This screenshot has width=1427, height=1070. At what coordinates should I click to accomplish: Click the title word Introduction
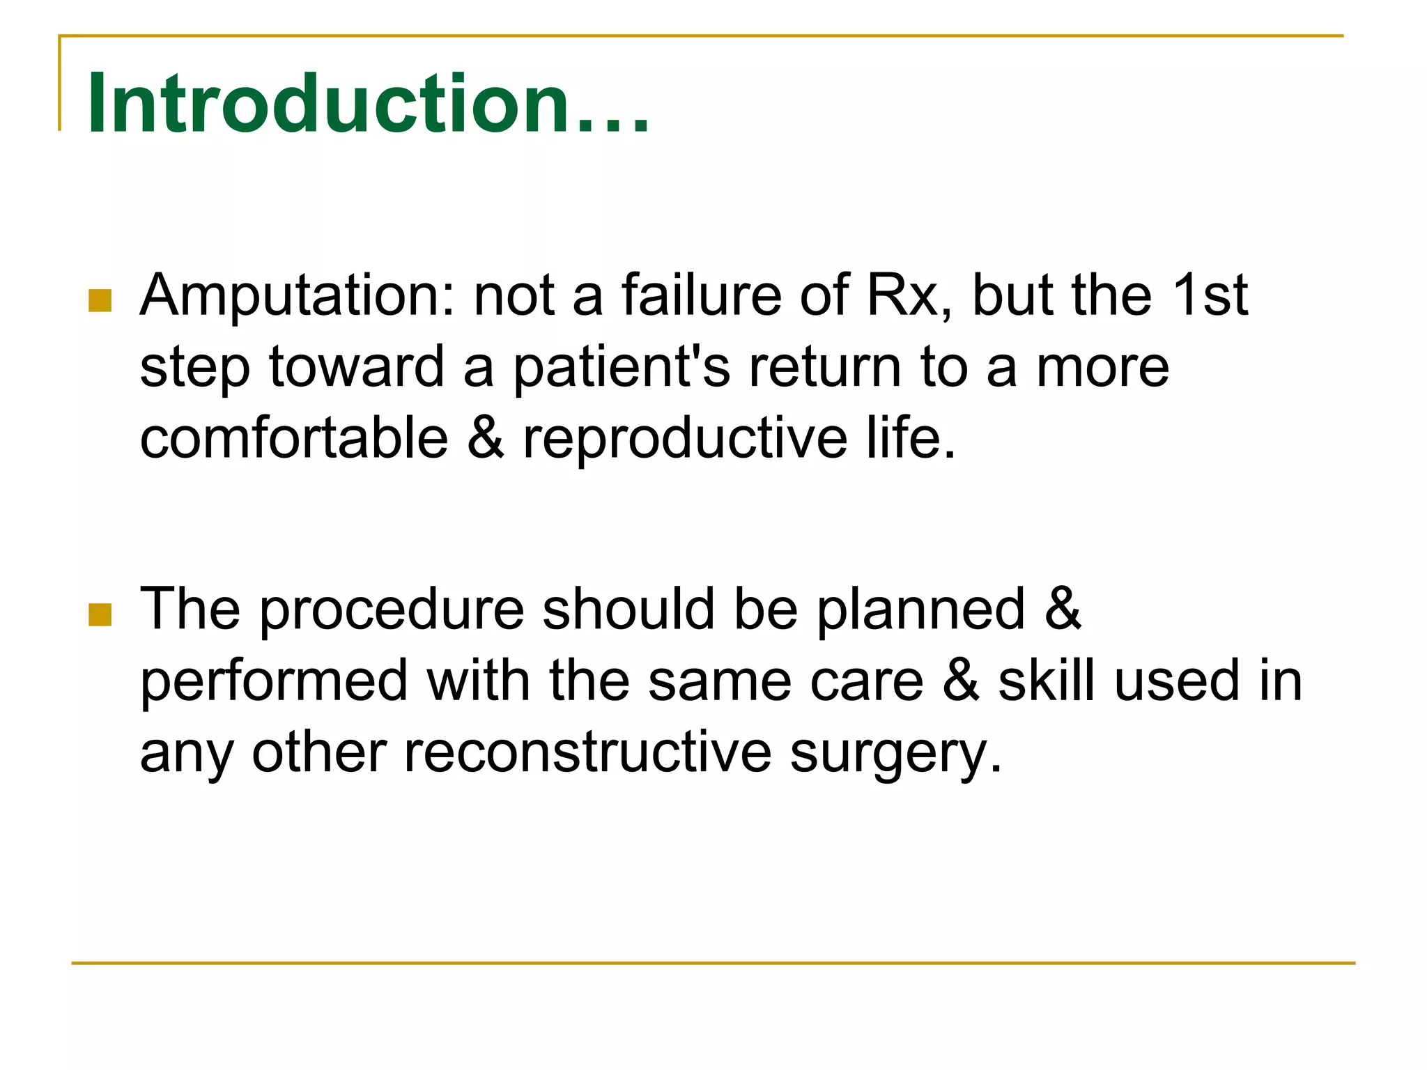[367, 104]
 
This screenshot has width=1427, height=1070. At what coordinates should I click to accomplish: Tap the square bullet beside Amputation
[101, 300]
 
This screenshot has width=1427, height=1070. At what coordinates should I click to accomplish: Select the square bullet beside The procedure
[101, 614]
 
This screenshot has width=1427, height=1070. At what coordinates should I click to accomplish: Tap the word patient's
[622, 368]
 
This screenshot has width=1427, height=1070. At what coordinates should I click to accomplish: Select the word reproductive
[686, 441]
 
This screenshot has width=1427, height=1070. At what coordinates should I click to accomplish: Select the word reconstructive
[587, 753]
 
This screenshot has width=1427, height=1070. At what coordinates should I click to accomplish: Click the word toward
[356, 368]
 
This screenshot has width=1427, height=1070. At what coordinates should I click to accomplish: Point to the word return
[825, 368]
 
